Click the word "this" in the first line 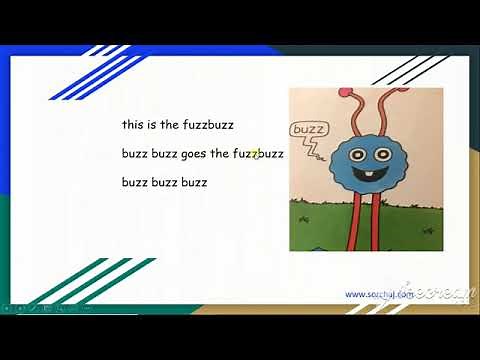tap(133, 126)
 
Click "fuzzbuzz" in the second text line tap(259, 155)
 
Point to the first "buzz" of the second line tap(135, 155)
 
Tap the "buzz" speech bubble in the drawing tap(305, 129)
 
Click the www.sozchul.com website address tap(379, 294)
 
